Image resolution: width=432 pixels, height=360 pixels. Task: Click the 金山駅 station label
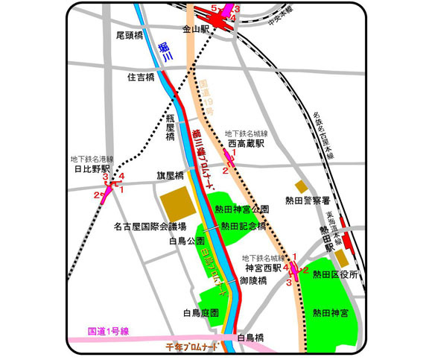195,29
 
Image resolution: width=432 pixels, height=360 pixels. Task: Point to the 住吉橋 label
139,76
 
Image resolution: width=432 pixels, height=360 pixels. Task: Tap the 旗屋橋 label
170,176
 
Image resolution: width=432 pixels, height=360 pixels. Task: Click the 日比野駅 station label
92,169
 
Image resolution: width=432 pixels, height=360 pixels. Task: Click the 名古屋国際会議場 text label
150,225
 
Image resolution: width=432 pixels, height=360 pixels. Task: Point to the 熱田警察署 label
306,199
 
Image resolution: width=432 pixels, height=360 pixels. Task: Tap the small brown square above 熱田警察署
301,185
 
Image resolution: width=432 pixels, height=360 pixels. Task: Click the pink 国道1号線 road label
109,331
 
